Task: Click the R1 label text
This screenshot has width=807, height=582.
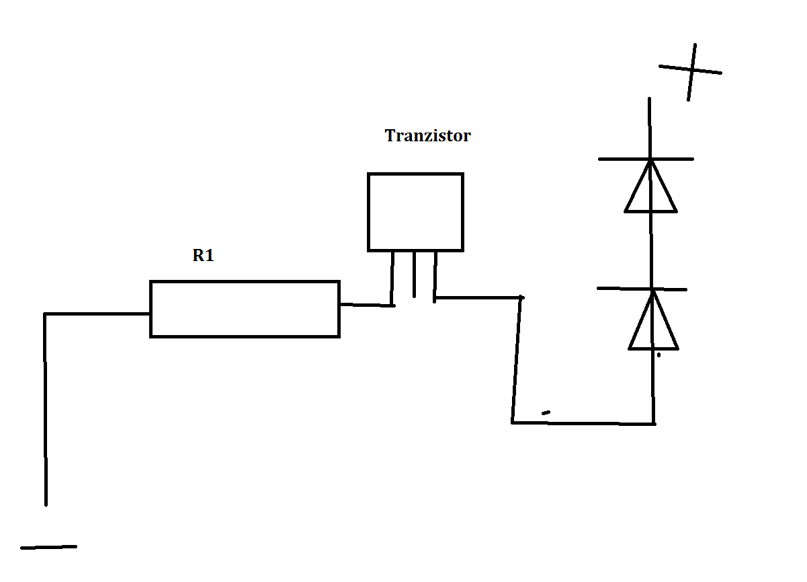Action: tap(203, 256)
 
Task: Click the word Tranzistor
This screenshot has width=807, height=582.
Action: tap(427, 136)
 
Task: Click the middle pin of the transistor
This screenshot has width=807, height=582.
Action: tap(415, 275)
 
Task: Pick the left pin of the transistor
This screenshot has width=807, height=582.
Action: tap(392, 279)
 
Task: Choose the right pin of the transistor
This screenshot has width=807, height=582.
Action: tap(435, 277)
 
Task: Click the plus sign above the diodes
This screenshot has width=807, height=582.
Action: tap(691, 71)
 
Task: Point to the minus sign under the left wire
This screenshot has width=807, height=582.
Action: tap(48, 548)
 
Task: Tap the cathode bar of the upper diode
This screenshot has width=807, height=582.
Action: tap(646, 159)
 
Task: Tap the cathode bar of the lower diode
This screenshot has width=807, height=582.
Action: tap(642, 289)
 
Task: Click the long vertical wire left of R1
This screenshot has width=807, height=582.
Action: tap(45, 410)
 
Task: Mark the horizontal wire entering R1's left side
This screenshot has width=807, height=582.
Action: tap(97, 314)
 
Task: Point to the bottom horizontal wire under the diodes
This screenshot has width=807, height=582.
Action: tap(583, 423)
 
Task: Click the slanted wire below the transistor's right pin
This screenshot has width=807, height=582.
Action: tap(516, 360)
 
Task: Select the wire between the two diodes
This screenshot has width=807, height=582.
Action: tap(651, 250)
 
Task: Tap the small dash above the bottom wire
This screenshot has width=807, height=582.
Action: tap(546, 412)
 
